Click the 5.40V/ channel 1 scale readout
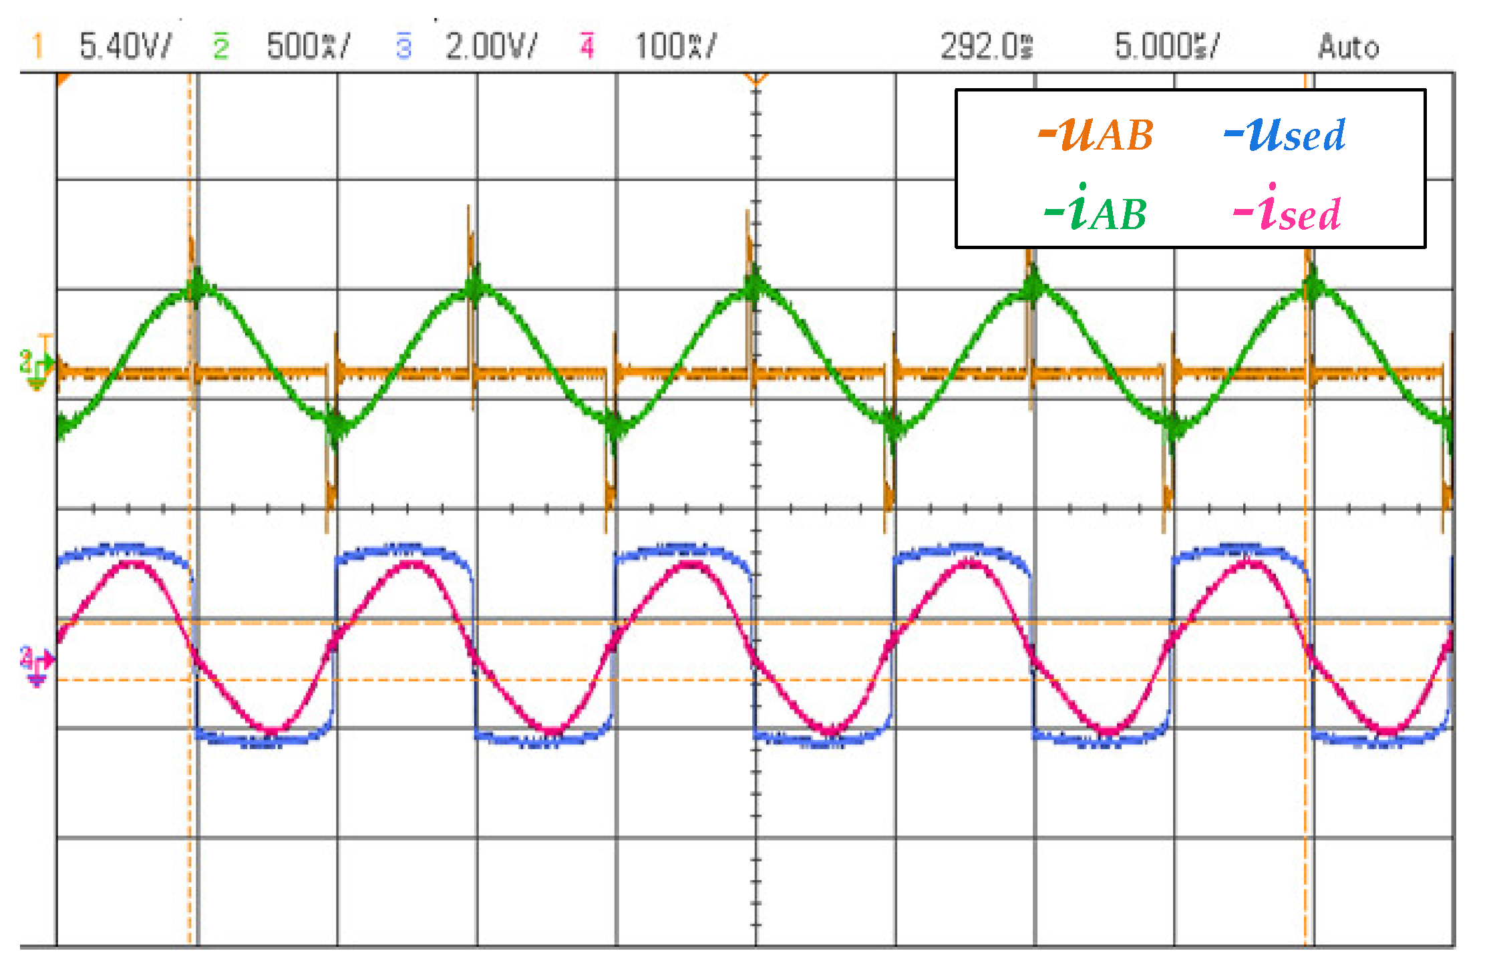[125, 46]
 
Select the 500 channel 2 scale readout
[307, 46]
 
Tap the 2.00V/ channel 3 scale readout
[490, 46]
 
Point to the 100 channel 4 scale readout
[675, 46]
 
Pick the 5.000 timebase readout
[1166, 46]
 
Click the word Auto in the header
[1348, 47]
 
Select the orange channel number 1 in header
[37, 46]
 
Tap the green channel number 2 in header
[221, 46]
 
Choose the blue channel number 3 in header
[403, 46]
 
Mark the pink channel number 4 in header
[587, 46]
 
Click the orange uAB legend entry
[1096, 134]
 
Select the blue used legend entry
[1285, 134]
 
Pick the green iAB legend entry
[1096, 210]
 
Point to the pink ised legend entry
[1287, 210]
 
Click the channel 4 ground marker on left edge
[36, 664]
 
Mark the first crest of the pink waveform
[134, 564]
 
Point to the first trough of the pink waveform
[273, 730]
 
